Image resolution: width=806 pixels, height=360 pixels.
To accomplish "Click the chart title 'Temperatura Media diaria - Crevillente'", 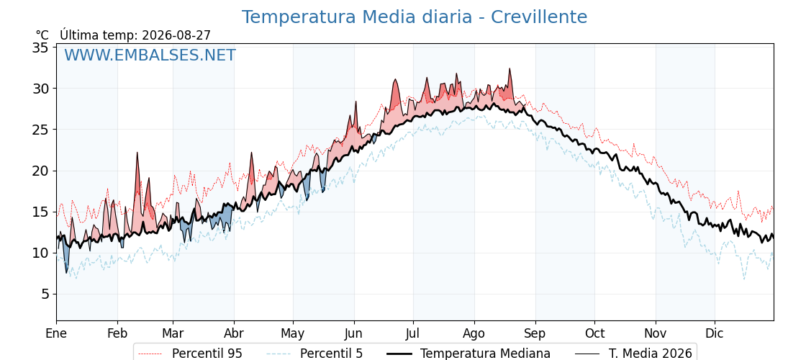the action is coord(415,17).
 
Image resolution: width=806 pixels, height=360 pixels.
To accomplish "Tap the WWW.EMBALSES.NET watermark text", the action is coord(150,55).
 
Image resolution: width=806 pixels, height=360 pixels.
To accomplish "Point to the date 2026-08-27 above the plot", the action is coord(176,35).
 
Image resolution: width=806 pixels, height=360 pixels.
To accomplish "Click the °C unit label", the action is coord(42,35).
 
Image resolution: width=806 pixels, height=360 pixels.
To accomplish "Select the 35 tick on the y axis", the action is coord(41,48).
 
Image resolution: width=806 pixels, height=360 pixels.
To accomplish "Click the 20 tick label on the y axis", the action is coord(41,171).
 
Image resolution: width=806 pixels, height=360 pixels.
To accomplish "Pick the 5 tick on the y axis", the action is coord(45,294).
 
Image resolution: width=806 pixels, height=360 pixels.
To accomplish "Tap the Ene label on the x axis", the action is coord(57,334).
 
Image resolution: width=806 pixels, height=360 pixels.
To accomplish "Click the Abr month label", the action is coord(235,334).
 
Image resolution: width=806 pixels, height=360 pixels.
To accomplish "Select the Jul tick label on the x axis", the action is coord(413,334).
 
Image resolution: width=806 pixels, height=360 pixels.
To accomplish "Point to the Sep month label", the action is coord(535,335).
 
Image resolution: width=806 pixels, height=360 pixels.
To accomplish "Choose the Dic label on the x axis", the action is coord(715,334).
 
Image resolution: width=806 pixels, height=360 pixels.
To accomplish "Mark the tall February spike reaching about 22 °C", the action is coord(137,153).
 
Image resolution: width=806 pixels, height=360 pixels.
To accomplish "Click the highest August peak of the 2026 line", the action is coord(510,68).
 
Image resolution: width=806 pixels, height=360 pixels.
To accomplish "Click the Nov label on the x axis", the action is coord(656,334).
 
